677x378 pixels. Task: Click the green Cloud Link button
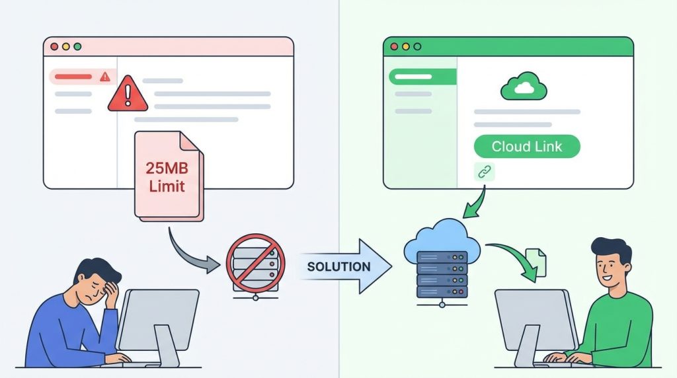(x=527, y=147)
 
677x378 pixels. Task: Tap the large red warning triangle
(x=127, y=93)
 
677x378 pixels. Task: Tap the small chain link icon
(x=485, y=172)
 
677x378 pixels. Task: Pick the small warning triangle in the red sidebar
(x=104, y=77)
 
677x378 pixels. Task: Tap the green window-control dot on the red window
(x=77, y=47)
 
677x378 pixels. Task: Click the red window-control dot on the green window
(x=395, y=47)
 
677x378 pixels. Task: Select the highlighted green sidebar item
(x=422, y=77)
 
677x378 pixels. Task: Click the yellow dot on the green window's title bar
(x=406, y=47)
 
